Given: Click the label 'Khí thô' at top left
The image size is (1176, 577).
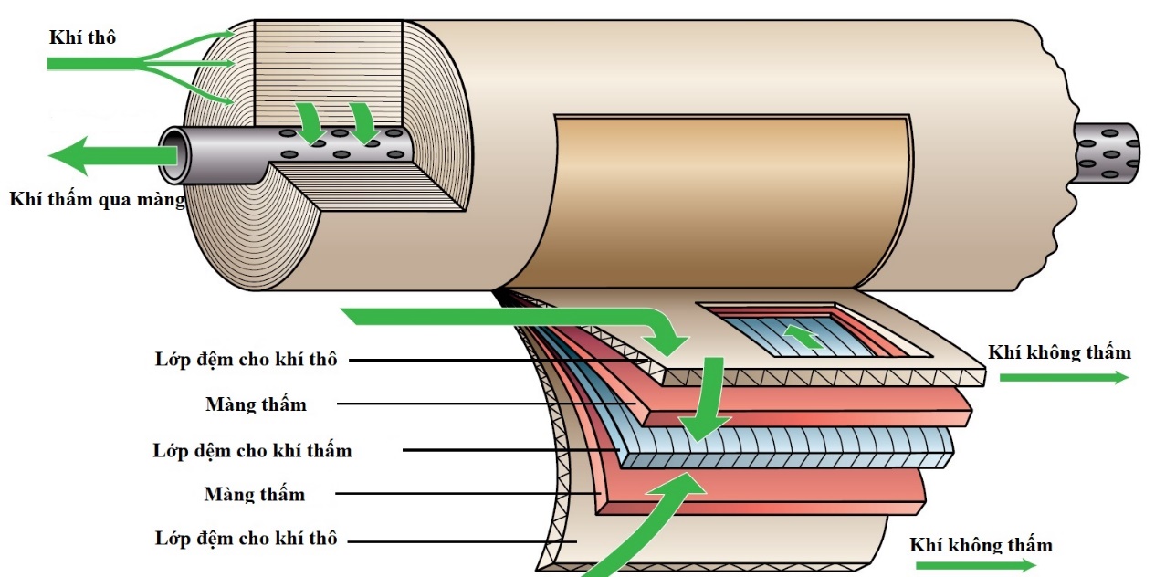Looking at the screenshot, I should tap(82, 37).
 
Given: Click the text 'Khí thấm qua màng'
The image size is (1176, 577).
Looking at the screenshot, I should tap(97, 200).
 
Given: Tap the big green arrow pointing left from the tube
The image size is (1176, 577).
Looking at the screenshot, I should tap(100, 155).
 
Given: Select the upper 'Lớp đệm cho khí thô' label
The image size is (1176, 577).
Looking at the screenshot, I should tap(246, 359).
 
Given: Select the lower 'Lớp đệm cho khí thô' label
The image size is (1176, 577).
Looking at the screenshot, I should tap(246, 539).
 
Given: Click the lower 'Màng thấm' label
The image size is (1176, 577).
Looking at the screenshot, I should tap(255, 494).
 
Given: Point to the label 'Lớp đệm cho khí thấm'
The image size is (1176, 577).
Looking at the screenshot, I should tap(252, 450).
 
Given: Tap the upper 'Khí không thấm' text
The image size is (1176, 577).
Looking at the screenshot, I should tap(1059, 352).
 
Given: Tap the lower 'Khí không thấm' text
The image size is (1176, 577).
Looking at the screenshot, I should tap(981, 545).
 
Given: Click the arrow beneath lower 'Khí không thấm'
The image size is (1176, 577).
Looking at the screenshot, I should tap(972, 565).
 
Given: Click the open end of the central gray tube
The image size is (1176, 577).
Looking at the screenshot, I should tap(174, 154).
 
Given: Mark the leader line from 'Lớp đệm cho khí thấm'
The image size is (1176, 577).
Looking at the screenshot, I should tap(511, 450).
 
